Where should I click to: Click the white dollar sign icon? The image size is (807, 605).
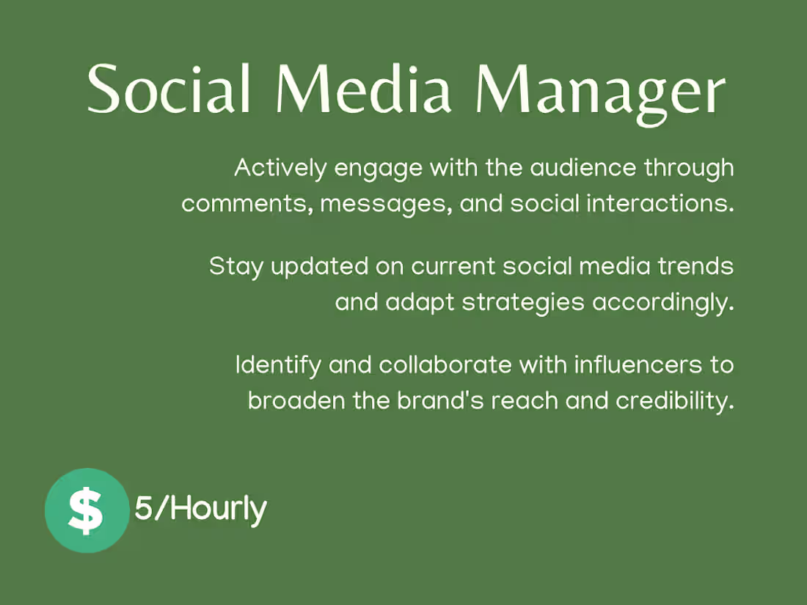coord(86,511)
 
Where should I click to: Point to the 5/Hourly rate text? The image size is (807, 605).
coord(200,508)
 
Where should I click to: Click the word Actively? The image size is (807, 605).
coord(280,169)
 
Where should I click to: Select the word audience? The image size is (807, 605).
coord(584,169)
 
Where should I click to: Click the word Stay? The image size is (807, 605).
coord(235,266)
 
